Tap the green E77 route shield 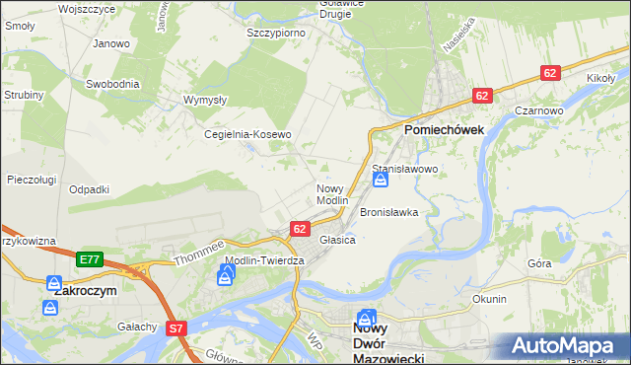click(89, 259)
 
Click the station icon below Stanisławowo click(380, 182)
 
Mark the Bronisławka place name click(389, 212)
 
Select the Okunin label click(489, 299)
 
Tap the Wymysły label click(206, 100)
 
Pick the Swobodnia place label click(112, 84)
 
